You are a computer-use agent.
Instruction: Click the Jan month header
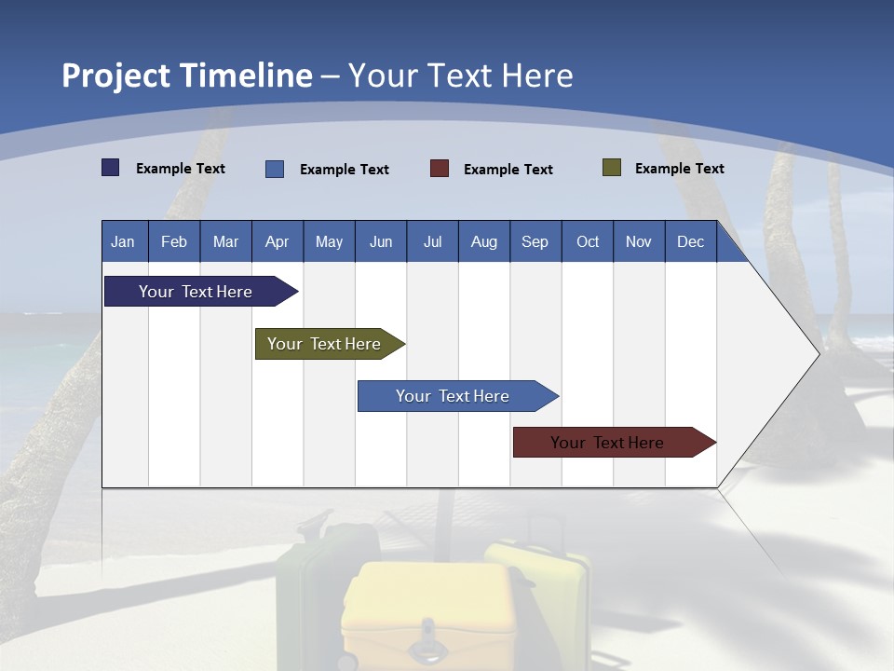pyautogui.click(x=123, y=242)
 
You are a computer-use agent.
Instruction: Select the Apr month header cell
pyautogui.click(x=278, y=241)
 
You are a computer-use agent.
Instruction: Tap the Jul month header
pyautogui.click(x=433, y=242)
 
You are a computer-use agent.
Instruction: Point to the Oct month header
pyautogui.click(x=588, y=242)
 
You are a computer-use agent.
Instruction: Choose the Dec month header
pyautogui.click(x=690, y=242)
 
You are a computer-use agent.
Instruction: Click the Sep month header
pyautogui.click(x=535, y=242)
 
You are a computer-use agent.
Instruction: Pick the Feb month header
pyautogui.click(x=174, y=242)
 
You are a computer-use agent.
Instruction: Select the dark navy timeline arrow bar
pyautogui.click(x=201, y=291)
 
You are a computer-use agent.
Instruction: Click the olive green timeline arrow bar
pyautogui.click(x=330, y=344)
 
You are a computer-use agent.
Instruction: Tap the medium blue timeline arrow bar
pyautogui.click(x=458, y=396)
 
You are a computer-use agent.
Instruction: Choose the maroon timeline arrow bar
pyautogui.click(x=615, y=442)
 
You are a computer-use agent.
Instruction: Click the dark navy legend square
pyautogui.click(x=110, y=167)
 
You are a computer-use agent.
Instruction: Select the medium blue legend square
pyautogui.click(x=275, y=169)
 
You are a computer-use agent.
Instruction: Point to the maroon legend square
pyautogui.click(x=439, y=169)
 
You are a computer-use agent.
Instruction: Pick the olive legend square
pyautogui.click(x=612, y=167)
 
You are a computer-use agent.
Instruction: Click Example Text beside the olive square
pyautogui.click(x=680, y=169)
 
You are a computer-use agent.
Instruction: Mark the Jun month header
pyautogui.click(x=381, y=242)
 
